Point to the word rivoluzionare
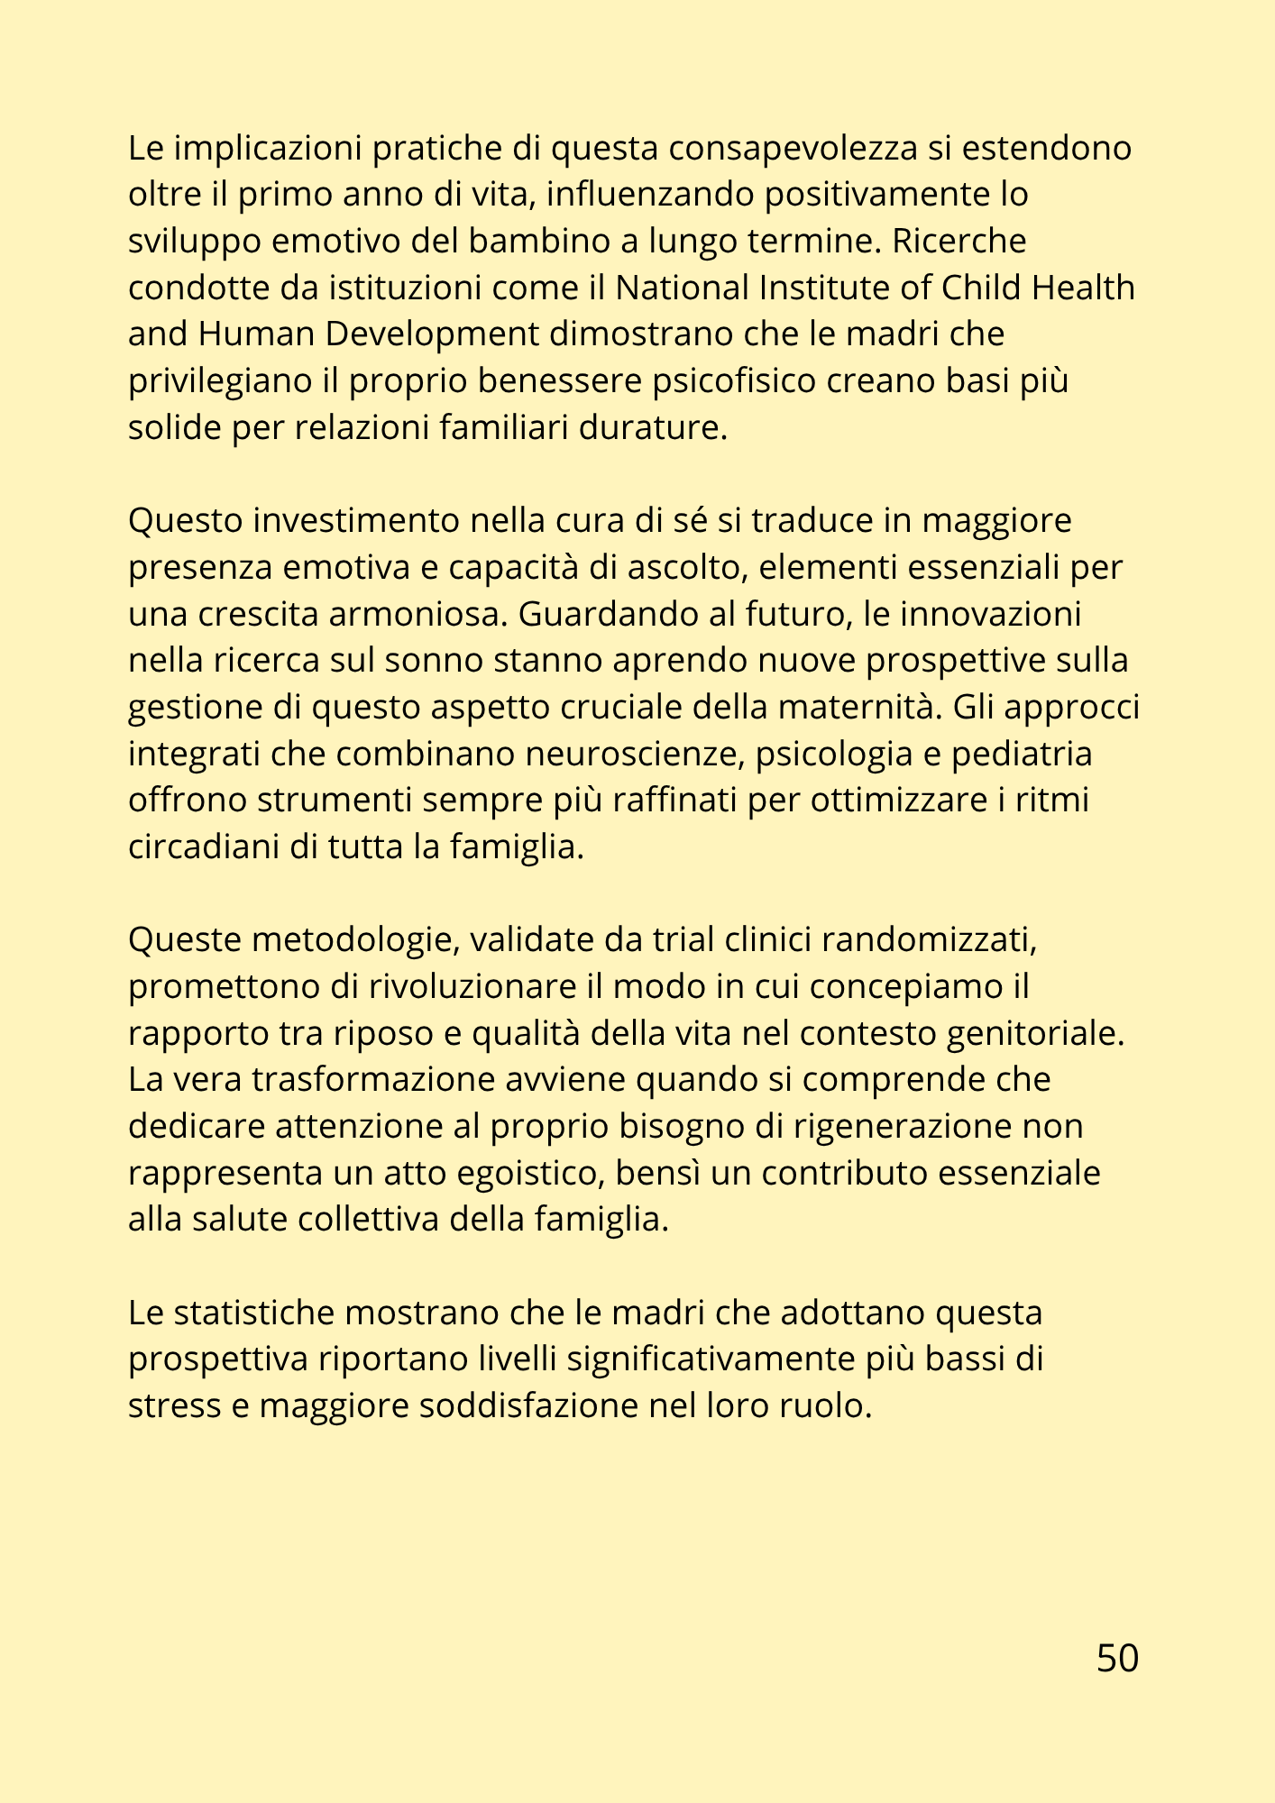point(472,987)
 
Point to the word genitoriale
point(1036,1034)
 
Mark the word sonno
point(435,661)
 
